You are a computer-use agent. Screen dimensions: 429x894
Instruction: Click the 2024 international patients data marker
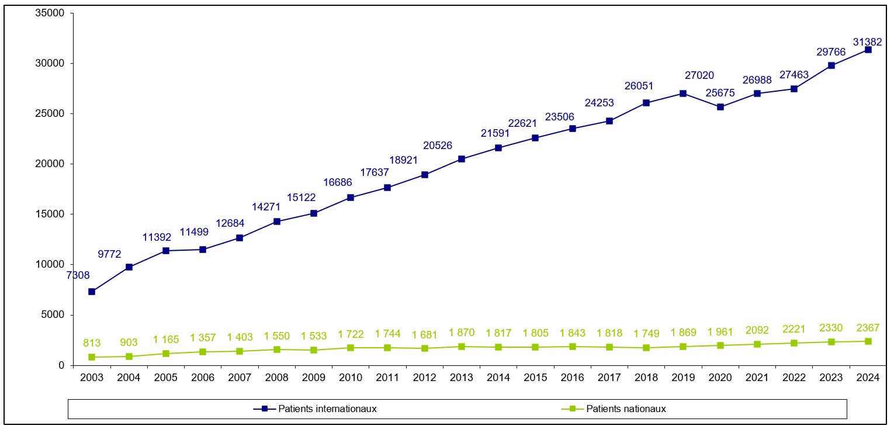pos(868,50)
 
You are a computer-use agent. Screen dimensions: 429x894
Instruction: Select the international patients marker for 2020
pos(720,107)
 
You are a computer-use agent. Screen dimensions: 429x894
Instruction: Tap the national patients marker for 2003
pos(92,357)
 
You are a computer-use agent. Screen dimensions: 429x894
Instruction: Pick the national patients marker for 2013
pos(462,347)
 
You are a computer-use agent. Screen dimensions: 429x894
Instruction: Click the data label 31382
pos(868,41)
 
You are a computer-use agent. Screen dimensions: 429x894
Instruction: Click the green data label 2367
pos(868,327)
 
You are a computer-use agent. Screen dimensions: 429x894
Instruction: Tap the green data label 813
pos(92,343)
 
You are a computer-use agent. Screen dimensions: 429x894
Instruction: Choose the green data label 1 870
pos(462,333)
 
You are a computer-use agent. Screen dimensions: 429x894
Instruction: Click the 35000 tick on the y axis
pos(51,13)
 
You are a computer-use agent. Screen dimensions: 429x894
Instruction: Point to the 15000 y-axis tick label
pos(51,214)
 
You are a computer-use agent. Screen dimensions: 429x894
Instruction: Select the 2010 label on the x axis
pos(350,378)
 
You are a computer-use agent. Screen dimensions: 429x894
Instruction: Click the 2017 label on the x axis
pos(609,378)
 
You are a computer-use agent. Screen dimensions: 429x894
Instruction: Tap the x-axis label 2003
pos(92,378)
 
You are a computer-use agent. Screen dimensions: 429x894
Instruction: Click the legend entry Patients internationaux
pos(327,409)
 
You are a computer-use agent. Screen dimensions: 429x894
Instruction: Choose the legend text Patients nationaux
pos(626,409)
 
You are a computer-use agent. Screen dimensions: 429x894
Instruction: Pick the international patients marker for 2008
pos(277,222)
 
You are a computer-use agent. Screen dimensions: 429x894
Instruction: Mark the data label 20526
pos(437,146)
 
